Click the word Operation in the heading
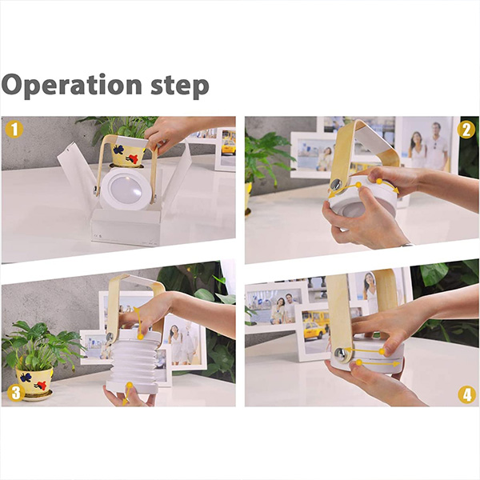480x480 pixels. point(71,84)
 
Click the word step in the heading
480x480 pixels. point(180,86)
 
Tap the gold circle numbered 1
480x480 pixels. point(14,129)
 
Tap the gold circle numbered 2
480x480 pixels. point(466,130)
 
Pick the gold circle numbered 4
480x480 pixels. point(466,395)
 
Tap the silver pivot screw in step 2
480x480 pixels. point(336,185)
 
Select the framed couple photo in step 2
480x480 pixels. point(426,144)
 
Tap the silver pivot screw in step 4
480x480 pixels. point(340,353)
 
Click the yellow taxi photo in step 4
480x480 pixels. point(314,328)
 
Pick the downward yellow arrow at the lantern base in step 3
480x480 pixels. point(127,394)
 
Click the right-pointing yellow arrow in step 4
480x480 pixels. point(378,364)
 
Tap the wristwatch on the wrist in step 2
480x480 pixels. point(408,245)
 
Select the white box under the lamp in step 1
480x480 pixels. point(126,226)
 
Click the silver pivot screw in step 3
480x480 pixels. point(110,338)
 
